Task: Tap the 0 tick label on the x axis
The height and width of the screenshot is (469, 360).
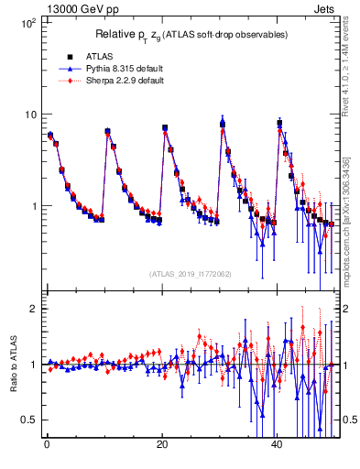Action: click(47, 443)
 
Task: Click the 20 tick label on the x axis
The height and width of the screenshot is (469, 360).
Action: click(162, 443)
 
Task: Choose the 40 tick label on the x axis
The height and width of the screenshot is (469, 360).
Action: click(278, 443)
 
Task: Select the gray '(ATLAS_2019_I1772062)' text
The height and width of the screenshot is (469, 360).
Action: click(191, 273)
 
